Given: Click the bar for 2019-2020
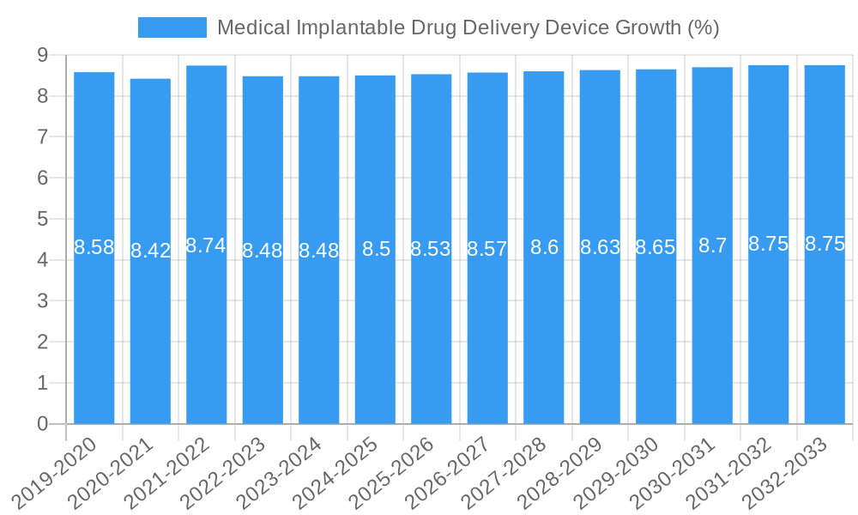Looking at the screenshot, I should click(94, 326).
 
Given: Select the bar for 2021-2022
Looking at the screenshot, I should click(207, 326).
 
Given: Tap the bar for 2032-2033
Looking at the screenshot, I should click(825, 326).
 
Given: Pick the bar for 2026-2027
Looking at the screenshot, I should click(487, 326).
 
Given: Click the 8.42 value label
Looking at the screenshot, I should click(150, 251).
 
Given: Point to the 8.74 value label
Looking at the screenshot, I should click(206, 245).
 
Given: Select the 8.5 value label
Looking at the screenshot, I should click(376, 250).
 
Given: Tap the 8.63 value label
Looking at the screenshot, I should click(600, 248).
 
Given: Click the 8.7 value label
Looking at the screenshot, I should click(712, 246).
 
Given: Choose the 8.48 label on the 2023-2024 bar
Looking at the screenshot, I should click(319, 251).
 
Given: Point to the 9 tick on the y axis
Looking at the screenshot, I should click(42, 55).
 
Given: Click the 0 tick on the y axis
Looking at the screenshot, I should click(42, 424).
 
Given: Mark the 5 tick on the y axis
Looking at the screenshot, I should click(42, 219).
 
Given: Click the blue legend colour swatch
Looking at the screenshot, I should click(172, 27).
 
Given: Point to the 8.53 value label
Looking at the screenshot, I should click(432, 250).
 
